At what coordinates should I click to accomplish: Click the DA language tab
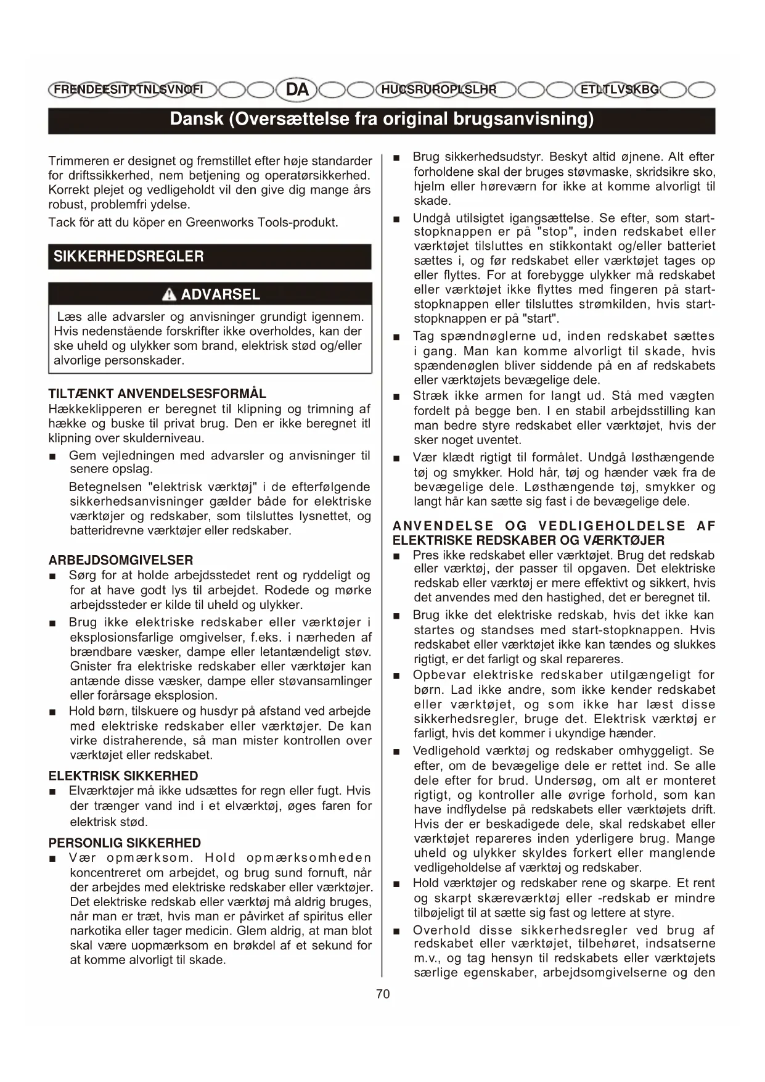[x=298, y=89]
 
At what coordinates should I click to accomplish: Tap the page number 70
[x=382, y=994]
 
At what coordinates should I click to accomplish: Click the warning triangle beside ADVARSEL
[x=169, y=295]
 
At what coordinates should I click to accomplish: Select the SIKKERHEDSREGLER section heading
[x=128, y=256]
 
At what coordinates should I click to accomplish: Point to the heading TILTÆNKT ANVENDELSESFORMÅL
[x=157, y=394]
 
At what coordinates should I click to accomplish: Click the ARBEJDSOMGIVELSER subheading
[x=121, y=560]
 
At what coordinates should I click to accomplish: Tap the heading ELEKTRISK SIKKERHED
[x=123, y=776]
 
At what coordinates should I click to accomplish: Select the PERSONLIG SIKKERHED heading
[x=125, y=843]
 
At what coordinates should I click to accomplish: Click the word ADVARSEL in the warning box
[x=220, y=295]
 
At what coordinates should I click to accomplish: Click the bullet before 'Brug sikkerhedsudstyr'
[x=398, y=157]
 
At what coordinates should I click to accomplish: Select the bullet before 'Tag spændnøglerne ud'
[x=398, y=337]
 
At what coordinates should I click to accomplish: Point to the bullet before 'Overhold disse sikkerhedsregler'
[x=398, y=931]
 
